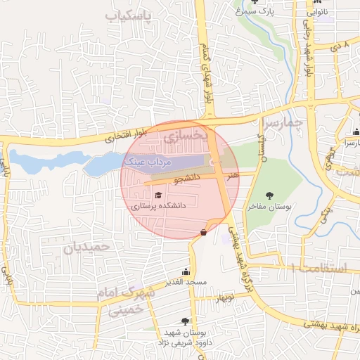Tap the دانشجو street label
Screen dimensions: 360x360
tap(186, 178)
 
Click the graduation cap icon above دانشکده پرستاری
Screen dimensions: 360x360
tap(158, 195)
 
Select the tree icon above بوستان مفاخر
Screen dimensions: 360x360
tap(269, 195)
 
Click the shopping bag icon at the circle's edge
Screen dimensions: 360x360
tap(204, 232)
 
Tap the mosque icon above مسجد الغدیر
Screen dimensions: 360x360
tap(186, 271)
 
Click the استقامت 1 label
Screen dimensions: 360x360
tap(318, 268)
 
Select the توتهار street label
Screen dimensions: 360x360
tap(224, 298)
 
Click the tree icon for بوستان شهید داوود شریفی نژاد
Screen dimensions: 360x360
tap(185, 321)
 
